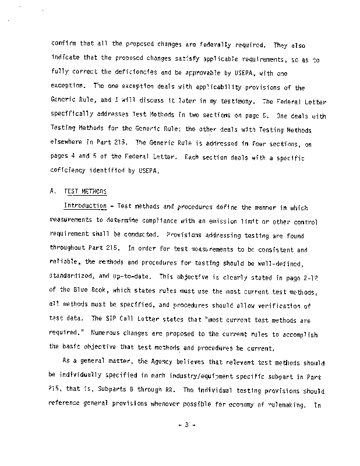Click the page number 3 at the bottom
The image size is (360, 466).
pos(186,425)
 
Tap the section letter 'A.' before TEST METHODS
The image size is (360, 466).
pos(55,191)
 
